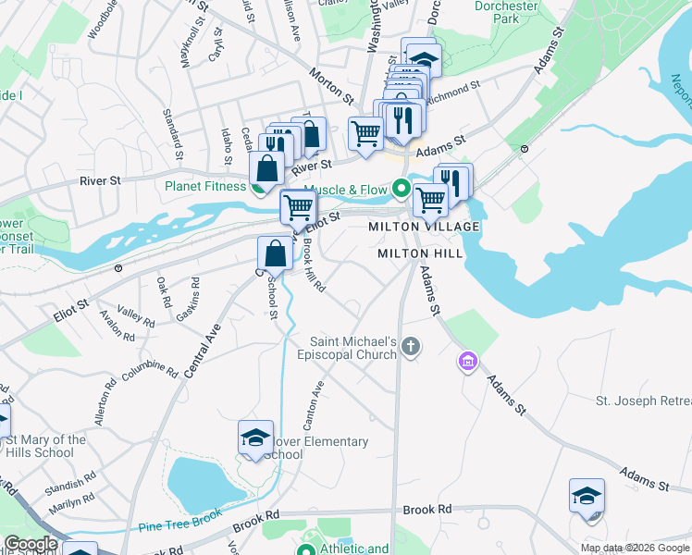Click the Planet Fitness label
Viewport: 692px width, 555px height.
205,185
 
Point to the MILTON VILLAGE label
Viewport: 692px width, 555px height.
425,227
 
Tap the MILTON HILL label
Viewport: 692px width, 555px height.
414,253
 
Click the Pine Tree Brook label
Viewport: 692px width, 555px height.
180,524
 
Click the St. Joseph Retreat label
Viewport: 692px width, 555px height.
643,401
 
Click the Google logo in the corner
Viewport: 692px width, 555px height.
31,544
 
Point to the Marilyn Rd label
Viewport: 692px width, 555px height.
72,504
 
